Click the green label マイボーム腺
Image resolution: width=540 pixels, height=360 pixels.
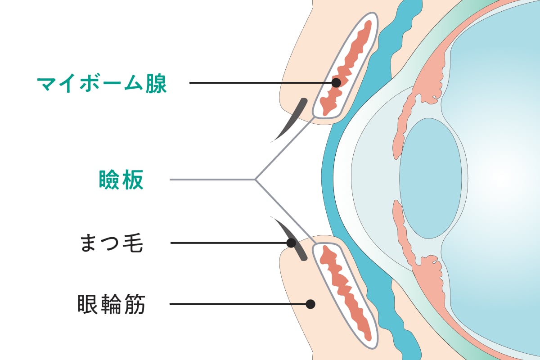102,83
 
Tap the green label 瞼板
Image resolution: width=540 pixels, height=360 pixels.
121,180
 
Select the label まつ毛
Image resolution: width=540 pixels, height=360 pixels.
111,243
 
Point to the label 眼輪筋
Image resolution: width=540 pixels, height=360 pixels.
111,304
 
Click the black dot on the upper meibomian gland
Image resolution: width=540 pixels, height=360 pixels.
336,83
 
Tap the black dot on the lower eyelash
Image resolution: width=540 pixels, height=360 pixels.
291,243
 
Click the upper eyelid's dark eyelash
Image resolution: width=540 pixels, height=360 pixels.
292,119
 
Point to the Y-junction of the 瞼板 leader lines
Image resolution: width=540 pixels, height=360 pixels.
256,180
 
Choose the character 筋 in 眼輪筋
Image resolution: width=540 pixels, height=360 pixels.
135,304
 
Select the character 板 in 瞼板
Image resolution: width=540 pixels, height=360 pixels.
133,180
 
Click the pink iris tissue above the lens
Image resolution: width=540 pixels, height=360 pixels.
407,121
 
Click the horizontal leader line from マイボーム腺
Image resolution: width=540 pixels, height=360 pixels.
261,83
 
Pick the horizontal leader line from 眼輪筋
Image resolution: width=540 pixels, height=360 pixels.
238,304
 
